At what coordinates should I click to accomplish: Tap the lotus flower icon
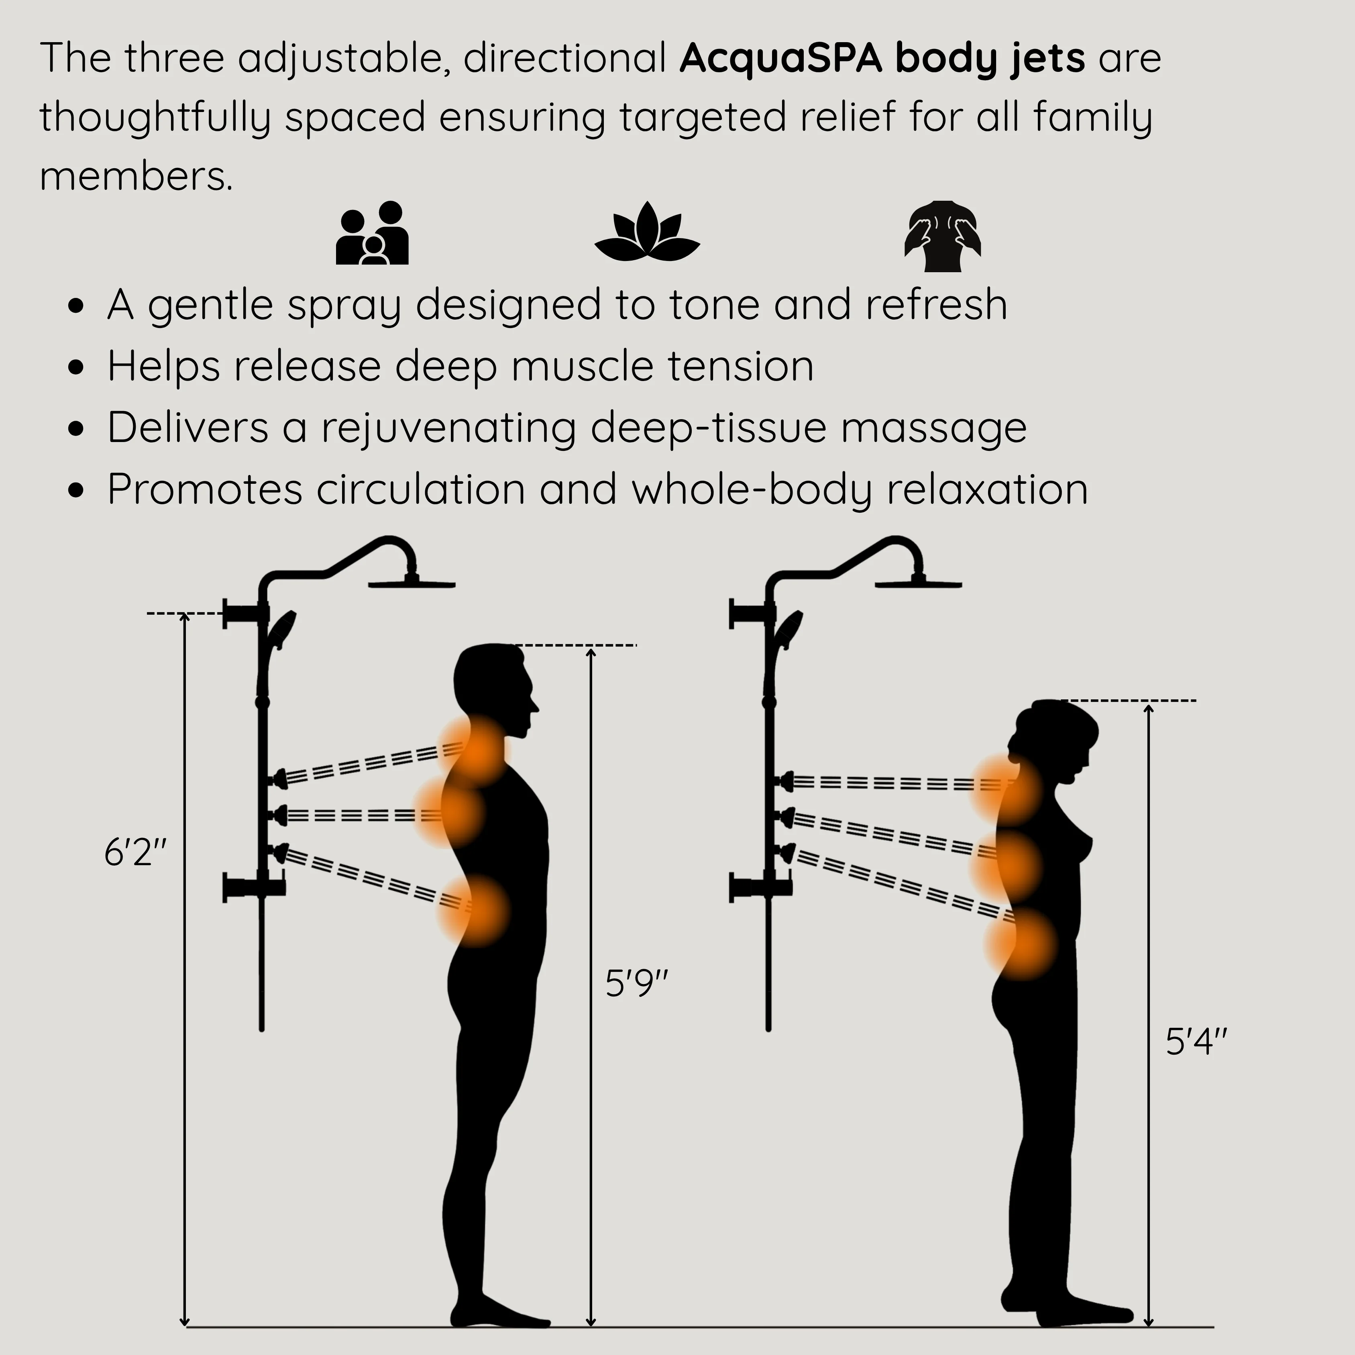pos(647,232)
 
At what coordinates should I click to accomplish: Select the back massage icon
pos(943,236)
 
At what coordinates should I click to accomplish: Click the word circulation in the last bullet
pos(421,489)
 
